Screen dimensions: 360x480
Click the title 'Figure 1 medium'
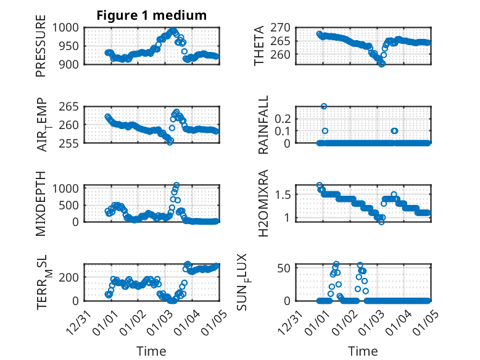[x=151, y=15]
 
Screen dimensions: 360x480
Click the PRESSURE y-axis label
[x=41, y=50]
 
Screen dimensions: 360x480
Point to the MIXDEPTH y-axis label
[x=41, y=204]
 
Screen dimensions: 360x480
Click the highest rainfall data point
[x=324, y=106]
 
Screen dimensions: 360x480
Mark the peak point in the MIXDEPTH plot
[x=176, y=185]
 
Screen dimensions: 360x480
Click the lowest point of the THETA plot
[x=382, y=64]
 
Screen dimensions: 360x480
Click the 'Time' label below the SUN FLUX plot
[x=363, y=351]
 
